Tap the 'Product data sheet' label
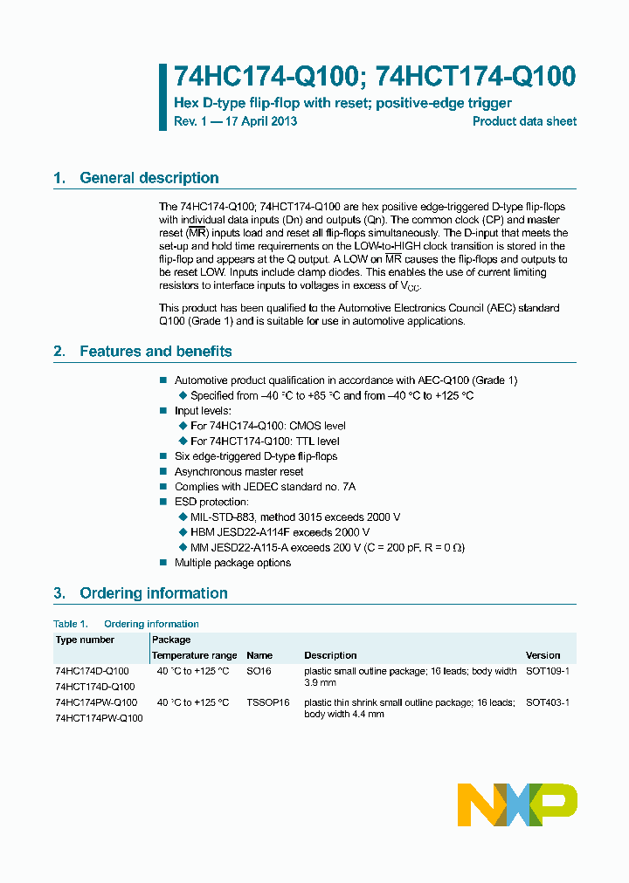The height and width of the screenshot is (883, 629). pyautogui.click(x=524, y=121)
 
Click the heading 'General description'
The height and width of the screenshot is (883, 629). pyautogui.click(x=149, y=178)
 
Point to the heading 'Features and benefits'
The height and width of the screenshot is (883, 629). pyautogui.click(x=156, y=352)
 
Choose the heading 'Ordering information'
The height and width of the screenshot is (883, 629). pyautogui.click(x=153, y=593)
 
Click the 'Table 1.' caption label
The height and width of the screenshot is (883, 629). pyautogui.click(x=71, y=624)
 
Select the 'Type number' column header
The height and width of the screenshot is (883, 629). pyautogui.click(x=85, y=640)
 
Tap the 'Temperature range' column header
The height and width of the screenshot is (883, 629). pyautogui.click(x=194, y=655)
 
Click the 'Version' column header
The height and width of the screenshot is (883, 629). pyautogui.click(x=543, y=655)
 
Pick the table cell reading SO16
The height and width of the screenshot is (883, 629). pyautogui.click(x=259, y=671)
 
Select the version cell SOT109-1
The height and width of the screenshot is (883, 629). pyautogui.click(x=547, y=671)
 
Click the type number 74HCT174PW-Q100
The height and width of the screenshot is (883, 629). pyautogui.click(x=99, y=718)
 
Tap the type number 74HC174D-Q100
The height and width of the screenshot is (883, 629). pyautogui.click(x=92, y=671)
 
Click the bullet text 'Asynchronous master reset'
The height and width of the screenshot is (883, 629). pyautogui.click(x=238, y=472)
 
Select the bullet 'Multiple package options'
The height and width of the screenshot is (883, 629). pyautogui.click(x=232, y=563)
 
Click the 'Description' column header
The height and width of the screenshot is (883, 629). pyautogui.click(x=330, y=655)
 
